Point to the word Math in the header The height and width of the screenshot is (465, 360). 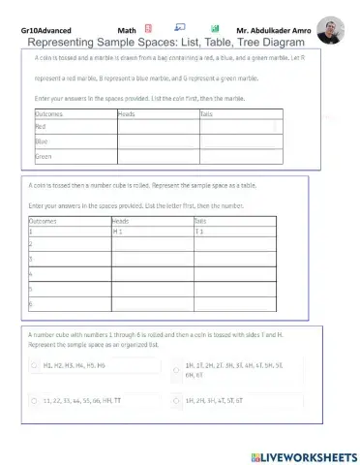tap(126, 31)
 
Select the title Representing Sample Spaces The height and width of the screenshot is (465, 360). tap(166, 43)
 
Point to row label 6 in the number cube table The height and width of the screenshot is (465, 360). tap(32, 304)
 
